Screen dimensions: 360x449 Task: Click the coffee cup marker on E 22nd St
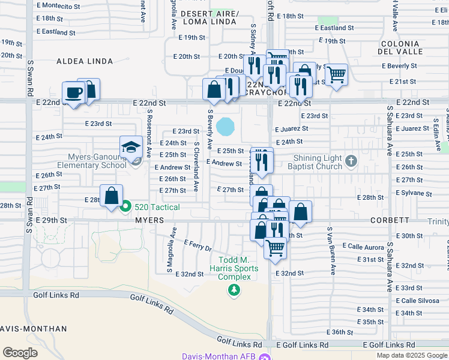click(74, 93)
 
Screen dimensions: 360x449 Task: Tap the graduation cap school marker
click(130, 146)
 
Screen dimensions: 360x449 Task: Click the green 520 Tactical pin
click(125, 207)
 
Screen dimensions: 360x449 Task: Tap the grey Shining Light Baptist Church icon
click(352, 160)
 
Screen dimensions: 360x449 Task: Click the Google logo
click(20, 352)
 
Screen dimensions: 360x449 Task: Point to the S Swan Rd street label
click(29, 78)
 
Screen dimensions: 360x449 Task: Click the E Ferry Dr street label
click(196, 245)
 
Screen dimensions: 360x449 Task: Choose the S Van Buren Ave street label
click(330, 251)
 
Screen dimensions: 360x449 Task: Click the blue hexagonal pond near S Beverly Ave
click(226, 126)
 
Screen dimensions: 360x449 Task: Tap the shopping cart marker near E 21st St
click(337, 75)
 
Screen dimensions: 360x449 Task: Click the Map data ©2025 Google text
click(411, 355)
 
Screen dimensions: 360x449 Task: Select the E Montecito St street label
click(58, 6)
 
